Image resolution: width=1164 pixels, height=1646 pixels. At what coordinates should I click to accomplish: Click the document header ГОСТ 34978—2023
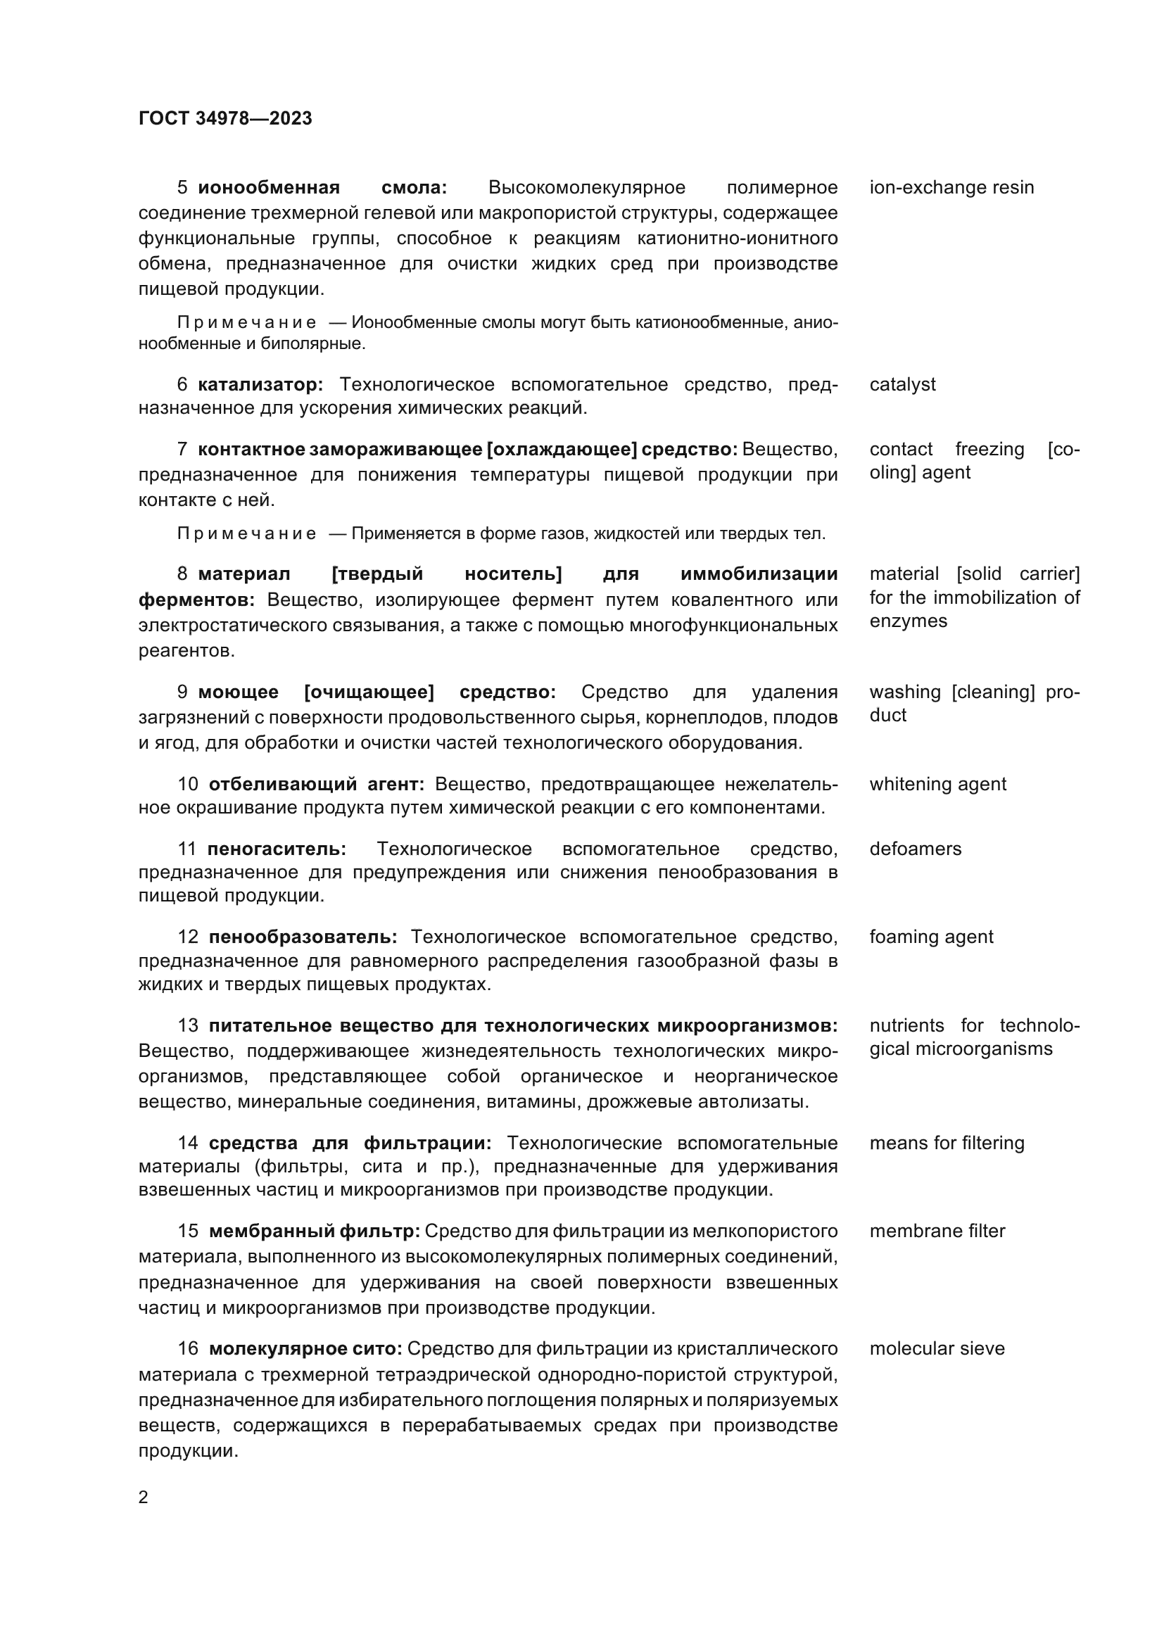225,119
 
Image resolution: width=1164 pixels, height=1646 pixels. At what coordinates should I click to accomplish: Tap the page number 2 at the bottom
144,1497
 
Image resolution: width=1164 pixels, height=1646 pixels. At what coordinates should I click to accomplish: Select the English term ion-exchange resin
951,188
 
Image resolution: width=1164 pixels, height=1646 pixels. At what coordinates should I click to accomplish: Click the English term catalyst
902,385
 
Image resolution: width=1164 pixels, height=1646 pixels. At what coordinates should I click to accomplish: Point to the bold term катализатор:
260,385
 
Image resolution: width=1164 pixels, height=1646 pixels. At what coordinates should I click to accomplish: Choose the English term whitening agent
937,784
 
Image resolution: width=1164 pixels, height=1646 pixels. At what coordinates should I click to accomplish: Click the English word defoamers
916,849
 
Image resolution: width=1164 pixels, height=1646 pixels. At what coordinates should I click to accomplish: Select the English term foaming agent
931,937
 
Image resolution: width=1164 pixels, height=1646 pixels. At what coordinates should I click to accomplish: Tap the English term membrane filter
937,1231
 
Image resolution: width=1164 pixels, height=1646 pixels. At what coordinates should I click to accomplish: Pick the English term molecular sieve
937,1348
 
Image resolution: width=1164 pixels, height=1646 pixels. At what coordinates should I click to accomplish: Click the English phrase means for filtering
947,1143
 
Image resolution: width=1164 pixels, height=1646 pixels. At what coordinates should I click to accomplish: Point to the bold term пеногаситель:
277,849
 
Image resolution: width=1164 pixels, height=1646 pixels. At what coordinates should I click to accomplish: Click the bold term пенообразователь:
303,937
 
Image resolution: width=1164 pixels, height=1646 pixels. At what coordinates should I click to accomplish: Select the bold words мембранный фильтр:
315,1231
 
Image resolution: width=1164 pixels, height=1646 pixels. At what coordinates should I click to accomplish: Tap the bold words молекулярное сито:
305,1348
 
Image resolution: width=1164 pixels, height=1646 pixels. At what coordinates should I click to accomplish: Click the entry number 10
188,784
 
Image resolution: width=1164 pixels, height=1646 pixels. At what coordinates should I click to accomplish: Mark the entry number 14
188,1143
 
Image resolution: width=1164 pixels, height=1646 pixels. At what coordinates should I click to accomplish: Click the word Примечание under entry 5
246,323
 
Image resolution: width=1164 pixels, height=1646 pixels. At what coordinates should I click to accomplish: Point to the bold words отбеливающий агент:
317,784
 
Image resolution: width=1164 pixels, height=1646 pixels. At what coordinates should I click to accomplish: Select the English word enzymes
908,621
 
